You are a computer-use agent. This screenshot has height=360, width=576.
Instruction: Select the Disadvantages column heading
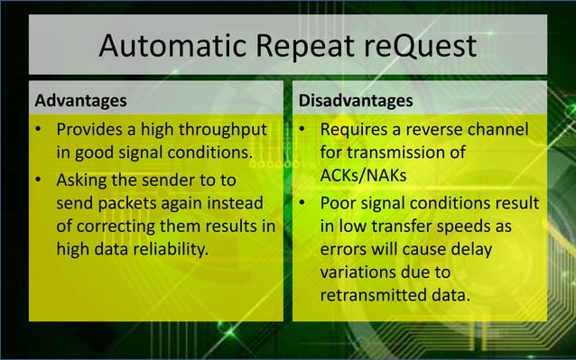coord(356,98)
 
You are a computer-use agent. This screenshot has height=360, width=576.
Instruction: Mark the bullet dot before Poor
coord(304,200)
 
